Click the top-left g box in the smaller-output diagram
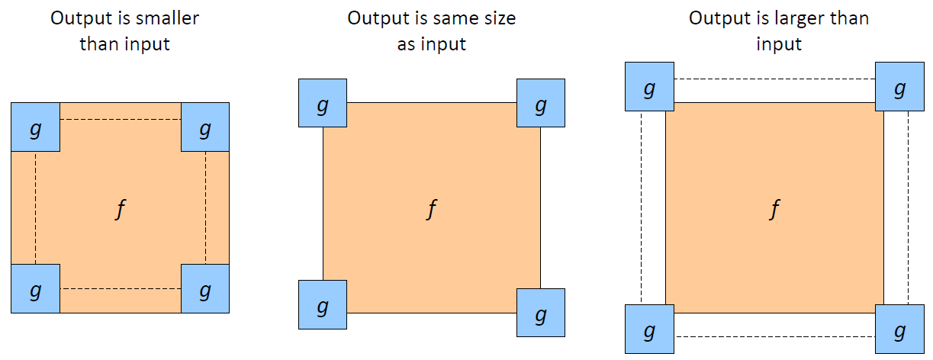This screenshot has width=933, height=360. click(x=35, y=127)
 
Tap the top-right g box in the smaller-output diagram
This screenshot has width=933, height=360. click(x=205, y=127)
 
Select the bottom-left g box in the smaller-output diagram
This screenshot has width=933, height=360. click(x=35, y=288)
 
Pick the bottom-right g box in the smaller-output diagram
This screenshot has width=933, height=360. click(x=205, y=288)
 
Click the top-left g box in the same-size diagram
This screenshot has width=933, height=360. click(x=323, y=103)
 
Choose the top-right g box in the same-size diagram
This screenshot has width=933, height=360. click(x=541, y=103)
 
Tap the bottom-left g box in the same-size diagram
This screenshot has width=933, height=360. click(x=323, y=304)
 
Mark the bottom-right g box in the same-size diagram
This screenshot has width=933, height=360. click(x=541, y=313)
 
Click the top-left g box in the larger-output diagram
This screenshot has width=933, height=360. click(x=649, y=86)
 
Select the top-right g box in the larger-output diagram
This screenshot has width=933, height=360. click(x=899, y=86)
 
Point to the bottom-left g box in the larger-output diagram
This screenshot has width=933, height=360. click(x=649, y=329)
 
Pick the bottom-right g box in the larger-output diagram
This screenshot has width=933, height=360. click(x=899, y=329)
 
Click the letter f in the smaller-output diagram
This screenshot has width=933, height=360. click(x=119, y=210)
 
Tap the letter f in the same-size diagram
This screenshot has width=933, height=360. click(x=432, y=210)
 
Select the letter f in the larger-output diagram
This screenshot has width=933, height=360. click(x=774, y=210)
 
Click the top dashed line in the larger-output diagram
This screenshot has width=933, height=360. click(x=774, y=79)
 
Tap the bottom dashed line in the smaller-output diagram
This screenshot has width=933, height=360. click(x=121, y=288)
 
